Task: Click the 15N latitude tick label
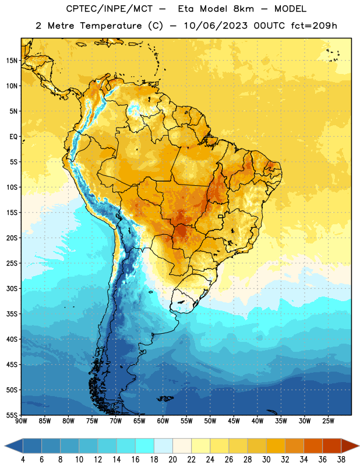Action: pyautogui.click(x=12, y=61)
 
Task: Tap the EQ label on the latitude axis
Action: pyautogui.click(x=13, y=137)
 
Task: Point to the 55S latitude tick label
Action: pyautogui.click(x=12, y=415)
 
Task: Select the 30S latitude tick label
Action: pyautogui.click(x=12, y=288)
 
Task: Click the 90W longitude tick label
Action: pyautogui.click(x=22, y=421)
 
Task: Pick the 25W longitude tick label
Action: pyautogui.click(x=328, y=421)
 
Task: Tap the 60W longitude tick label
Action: pyautogui.click(x=163, y=421)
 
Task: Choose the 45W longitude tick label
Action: pyautogui.click(x=234, y=421)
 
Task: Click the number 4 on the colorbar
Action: pyautogui.click(x=23, y=460)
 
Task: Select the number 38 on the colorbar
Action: pyautogui.click(x=341, y=460)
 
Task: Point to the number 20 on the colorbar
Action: pyautogui.click(x=172, y=460)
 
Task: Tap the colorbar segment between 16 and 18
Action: pyautogui.click(x=145, y=446)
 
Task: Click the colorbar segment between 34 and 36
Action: pyautogui.click(x=313, y=446)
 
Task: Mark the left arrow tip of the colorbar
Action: pyautogui.click(x=5, y=446)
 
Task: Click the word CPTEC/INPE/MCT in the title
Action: pyautogui.click(x=110, y=9)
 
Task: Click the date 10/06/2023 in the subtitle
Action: pyautogui.click(x=216, y=26)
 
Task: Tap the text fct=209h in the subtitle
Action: pyautogui.click(x=314, y=26)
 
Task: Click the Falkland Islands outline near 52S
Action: pyautogui.click(x=165, y=398)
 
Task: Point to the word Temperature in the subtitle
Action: pyautogui.click(x=111, y=26)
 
